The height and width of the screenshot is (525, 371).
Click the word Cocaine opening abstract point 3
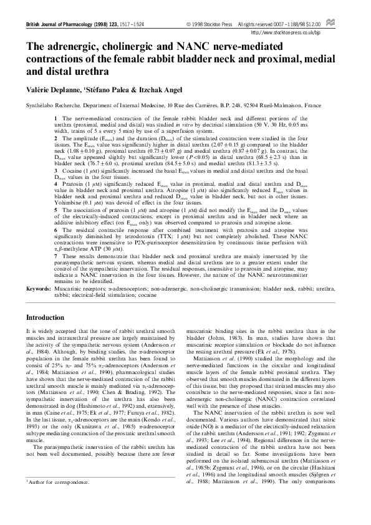click(70, 170)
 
